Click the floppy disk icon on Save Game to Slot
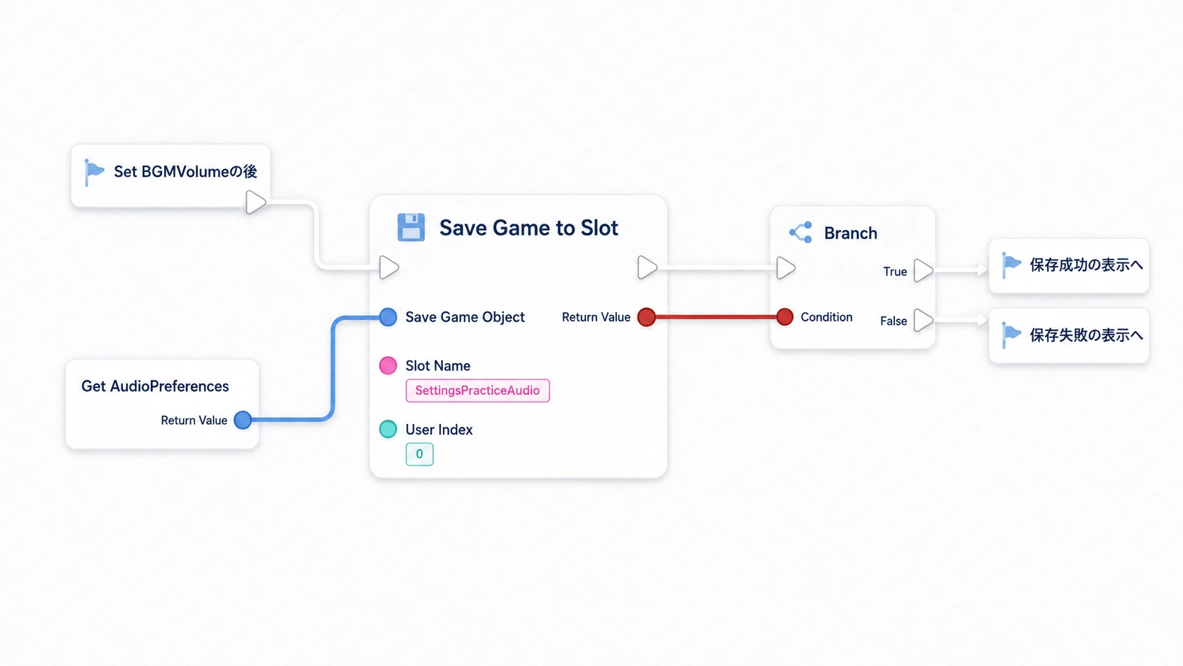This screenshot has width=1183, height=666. (411, 227)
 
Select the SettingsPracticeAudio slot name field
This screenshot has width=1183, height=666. (478, 390)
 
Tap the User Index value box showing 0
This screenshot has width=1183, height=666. (420, 454)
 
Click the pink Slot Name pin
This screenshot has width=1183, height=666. (388, 365)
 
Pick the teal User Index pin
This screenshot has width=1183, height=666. (388, 429)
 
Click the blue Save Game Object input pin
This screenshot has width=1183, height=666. (388, 317)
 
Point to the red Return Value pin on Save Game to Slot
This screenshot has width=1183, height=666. (647, 317)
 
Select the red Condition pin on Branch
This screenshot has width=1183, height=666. (785, 317)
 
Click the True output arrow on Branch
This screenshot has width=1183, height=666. (923, 270)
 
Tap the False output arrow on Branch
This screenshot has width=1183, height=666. (923, 320)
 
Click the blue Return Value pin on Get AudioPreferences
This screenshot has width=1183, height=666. (243, 420)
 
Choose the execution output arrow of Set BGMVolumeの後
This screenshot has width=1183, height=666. (255, 202)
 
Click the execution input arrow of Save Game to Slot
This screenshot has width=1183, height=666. (388, 268)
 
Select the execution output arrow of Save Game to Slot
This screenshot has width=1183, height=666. (647, 268)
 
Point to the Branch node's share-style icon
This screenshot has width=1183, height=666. (801, 232)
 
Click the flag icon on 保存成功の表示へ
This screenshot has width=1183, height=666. (1011, 265)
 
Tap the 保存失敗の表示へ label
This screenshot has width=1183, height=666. (1086, 335)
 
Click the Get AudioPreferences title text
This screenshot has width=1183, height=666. (155, 386)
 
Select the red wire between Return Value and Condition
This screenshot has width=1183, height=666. (715, 317)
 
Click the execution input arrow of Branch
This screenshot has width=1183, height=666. (786, 268)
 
